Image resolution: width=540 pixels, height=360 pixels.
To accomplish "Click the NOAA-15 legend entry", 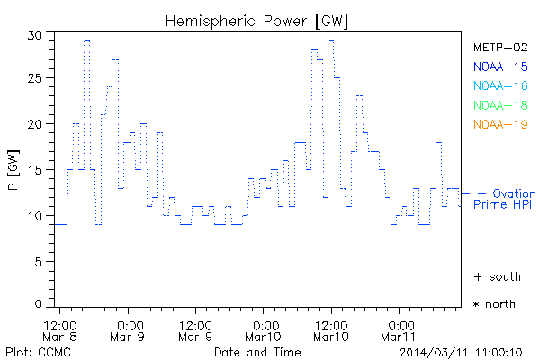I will pos(500,67).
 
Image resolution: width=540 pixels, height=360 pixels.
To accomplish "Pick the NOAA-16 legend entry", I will pos(500,85).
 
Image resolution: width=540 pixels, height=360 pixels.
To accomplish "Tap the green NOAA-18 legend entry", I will pos(500,104).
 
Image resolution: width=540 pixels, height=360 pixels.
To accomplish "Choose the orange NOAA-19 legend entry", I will pos(500,123).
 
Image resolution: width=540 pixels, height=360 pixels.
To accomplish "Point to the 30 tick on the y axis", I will pos(36,34).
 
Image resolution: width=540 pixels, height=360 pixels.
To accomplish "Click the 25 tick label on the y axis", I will pos(36,79).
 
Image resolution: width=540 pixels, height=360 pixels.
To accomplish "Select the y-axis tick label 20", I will pos(36,125).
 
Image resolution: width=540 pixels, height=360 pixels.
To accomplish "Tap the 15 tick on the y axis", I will pos(36,170).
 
